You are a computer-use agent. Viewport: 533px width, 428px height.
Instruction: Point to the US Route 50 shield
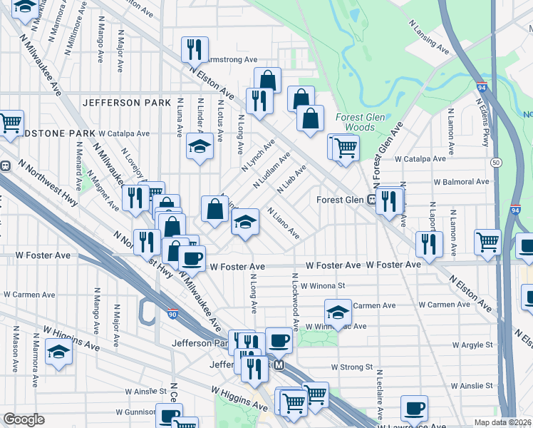click(x=495, y=163)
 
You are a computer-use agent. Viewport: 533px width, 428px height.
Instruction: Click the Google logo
click(x=24, y=419)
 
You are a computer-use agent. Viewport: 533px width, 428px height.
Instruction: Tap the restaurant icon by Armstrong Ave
click(x=194, y=49)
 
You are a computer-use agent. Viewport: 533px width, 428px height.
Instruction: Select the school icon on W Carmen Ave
click(x=338, y=311)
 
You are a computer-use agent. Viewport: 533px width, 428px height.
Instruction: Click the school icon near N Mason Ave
click(x=58, y=351)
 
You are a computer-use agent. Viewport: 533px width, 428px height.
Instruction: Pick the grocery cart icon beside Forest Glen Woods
click(x=345, y=148)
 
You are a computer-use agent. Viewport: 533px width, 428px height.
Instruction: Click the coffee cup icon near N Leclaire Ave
click(x=413, y=409)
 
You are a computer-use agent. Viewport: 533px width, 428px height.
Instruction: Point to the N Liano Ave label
click(x=283, y=223)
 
